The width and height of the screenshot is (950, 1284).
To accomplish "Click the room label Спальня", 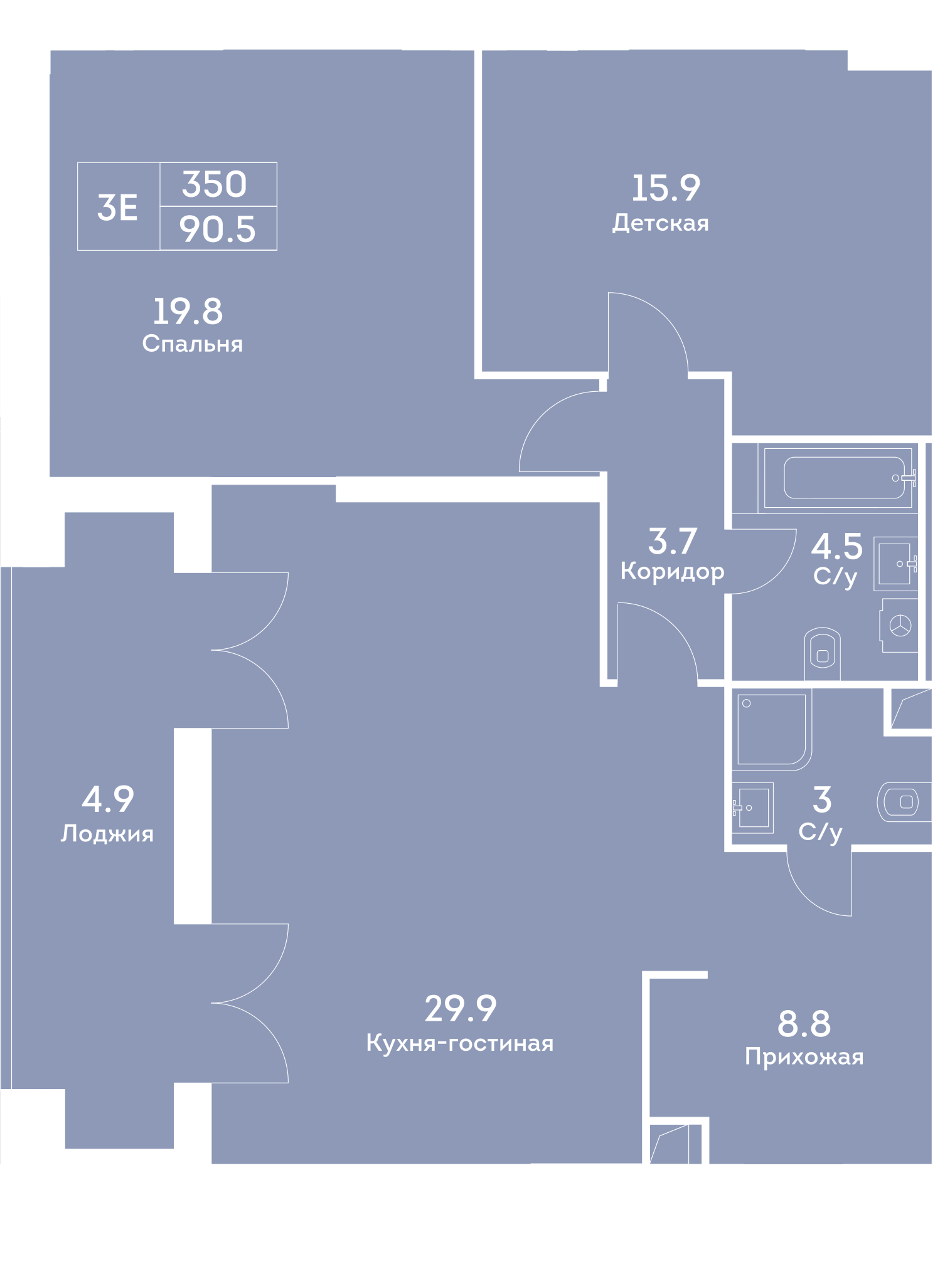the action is pyautogui.click(x=192, y=344).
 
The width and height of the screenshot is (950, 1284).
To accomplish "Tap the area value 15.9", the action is pyautogui.click(x=665, y=188).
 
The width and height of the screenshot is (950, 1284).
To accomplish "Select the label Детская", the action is pyautogui.click(x=660, y=223).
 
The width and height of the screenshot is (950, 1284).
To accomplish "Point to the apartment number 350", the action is pyautogui.click(x=215, y=184).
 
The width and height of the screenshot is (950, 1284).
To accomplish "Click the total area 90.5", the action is pyautogui.click(x=217, y=229).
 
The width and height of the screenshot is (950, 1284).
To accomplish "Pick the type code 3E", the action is pyautogui.click(x=117, y=208).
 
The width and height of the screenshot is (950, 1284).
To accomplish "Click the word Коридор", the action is pyautogui.click(x=672, y=571).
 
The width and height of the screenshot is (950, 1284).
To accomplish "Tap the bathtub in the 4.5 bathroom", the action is pyautogui.click(x=838, y=478).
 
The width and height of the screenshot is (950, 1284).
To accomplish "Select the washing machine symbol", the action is pyautogui.click(x=899, y=625).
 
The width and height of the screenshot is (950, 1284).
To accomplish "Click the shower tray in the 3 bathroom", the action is pyautogui.click(x=772, y=729).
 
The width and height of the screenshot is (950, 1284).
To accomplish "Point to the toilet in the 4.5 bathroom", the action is pyautogui.click(x=822, y=653).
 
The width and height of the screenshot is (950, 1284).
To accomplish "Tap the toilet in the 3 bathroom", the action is pyautogui.click(x=904, y=801).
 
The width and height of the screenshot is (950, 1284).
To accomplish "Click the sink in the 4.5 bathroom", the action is pyautogui.click(x=895, y=564).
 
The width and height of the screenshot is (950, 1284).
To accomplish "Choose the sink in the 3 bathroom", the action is pyautogui.click(x=752, y=808).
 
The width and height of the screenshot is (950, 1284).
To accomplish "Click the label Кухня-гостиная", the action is pyautogui.click(x=459, y=1043).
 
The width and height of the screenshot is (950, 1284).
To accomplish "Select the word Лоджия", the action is pyautogui.click(x=107, y=834).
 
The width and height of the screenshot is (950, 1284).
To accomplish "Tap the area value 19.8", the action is pyautogui.click(x=188, y=312).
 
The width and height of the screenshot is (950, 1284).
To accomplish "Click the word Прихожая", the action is pyautogui.click(x=804, y=1057).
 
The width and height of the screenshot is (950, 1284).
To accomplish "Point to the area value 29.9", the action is pyautogui.click(x=460, y=1008).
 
